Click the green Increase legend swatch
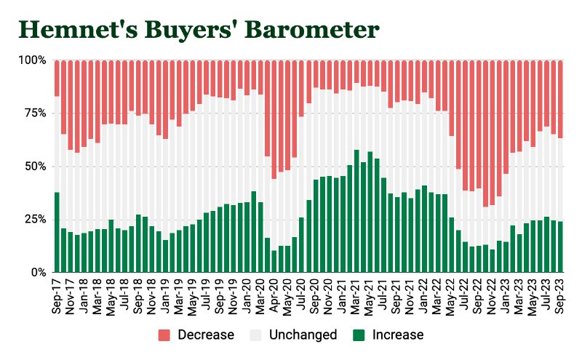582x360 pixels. coord(359,335)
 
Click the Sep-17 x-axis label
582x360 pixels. coord(57,297)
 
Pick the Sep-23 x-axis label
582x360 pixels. coord(560,297)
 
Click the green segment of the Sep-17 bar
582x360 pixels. coord(57,233)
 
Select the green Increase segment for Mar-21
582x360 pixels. coord(356,212)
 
